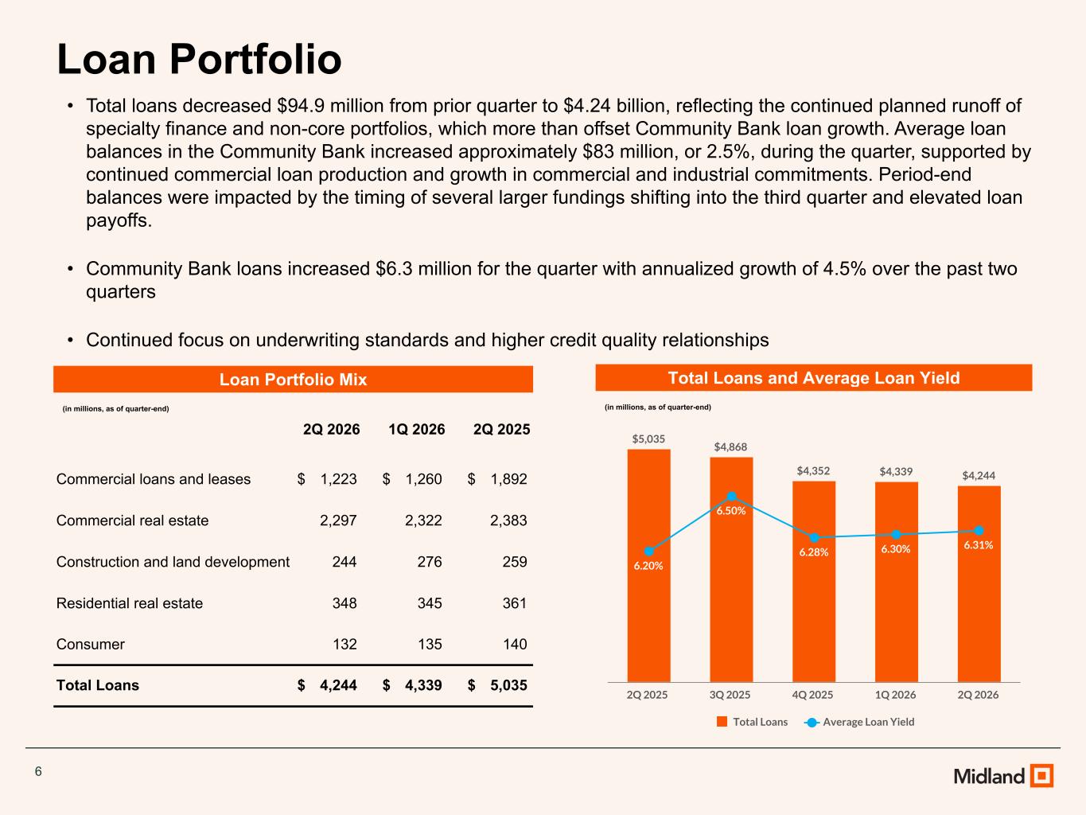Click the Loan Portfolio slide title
pos(199,60)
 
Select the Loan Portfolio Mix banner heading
pos(293,380)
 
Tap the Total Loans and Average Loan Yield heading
pos(814,378)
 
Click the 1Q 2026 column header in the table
pos(417,429)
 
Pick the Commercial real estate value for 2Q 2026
pos(338,521)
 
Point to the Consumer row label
pos(91,645)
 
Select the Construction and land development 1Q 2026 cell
pos(430,562)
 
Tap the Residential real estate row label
pos(130,603)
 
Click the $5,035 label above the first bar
pos(648,439)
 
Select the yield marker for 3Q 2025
pos(732,497)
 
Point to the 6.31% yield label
pos(978,545)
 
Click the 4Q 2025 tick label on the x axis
pos(812,695)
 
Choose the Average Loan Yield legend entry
pos(859,722)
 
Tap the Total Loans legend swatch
pos(722,721)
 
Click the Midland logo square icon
pos(1041,775)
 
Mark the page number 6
pos(38,771)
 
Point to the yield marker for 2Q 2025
pos(649,552)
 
